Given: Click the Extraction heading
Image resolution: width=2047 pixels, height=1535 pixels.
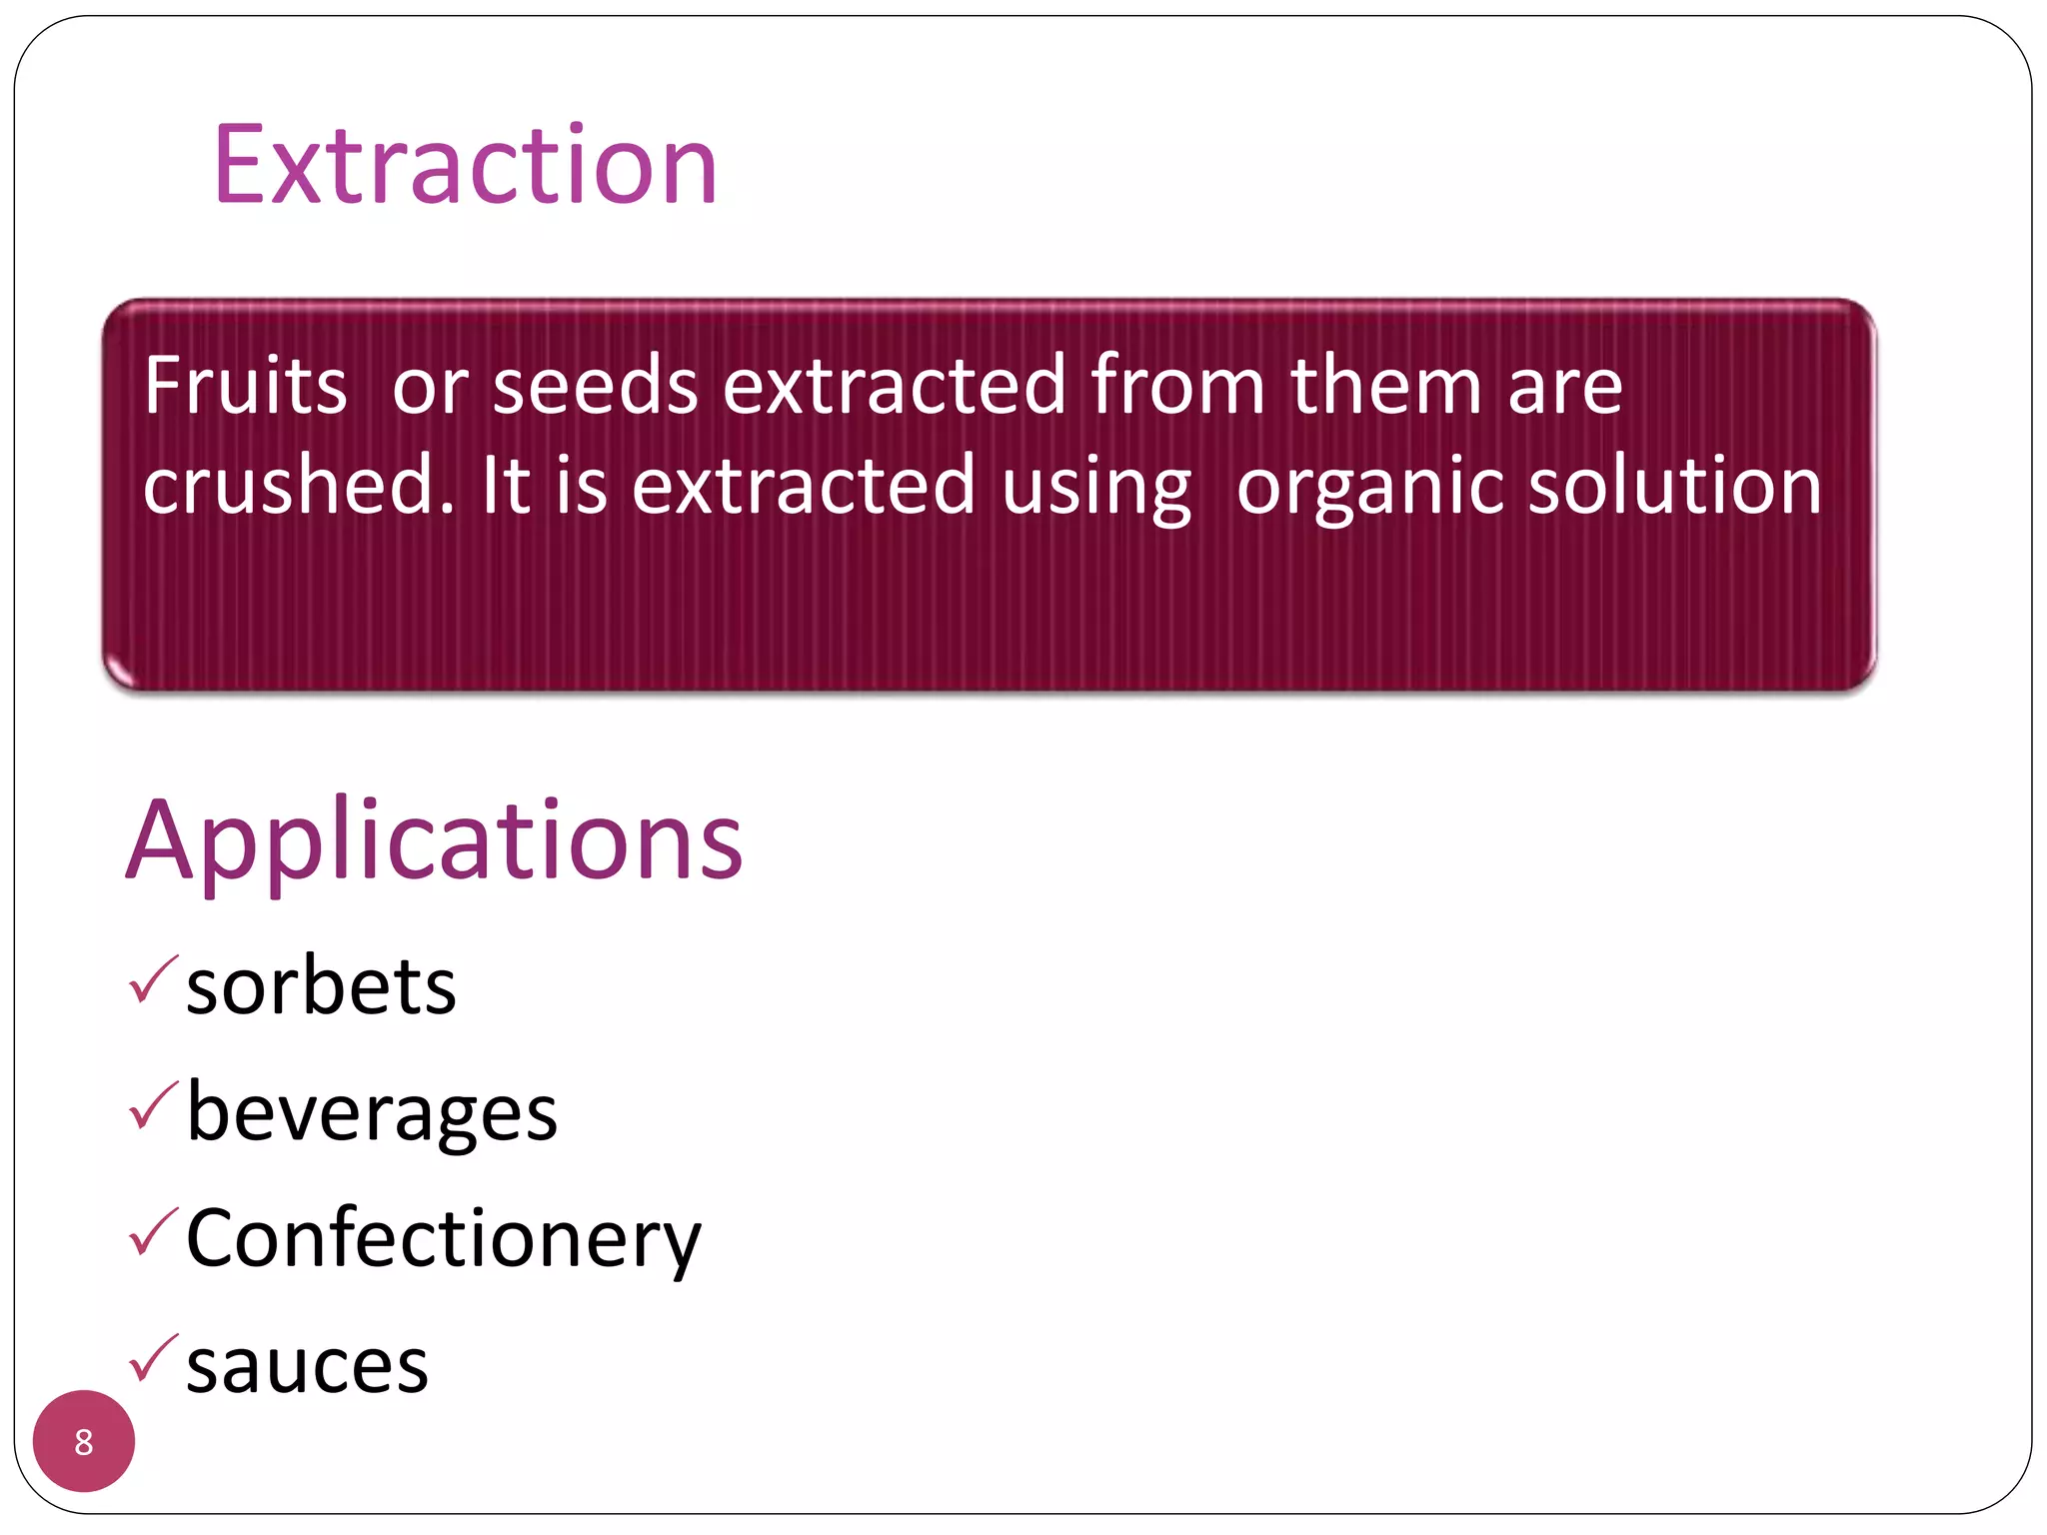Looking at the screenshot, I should [x=466, y=166].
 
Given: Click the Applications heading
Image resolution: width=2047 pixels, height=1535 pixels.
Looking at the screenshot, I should [x=434, y=841].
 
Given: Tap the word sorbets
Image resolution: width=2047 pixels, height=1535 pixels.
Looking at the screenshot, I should [x=321, y=987].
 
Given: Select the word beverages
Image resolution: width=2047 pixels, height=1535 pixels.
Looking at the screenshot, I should [x=372, y=1113].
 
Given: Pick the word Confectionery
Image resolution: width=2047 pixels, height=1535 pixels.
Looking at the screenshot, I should [x=444, y=1239].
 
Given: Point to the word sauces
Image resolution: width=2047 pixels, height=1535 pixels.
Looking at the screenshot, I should [x=307, y=1366].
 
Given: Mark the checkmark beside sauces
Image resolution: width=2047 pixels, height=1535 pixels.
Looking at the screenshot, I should [x=153, y=1358].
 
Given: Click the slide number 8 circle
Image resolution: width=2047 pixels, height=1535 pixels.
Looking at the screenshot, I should [x=84, y=1441].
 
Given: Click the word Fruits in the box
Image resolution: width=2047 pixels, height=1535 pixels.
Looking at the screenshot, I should [x=245, y=386].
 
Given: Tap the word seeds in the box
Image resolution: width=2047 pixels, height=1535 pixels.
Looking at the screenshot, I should [x=595, y=386].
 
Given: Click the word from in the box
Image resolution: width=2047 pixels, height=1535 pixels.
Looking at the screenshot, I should [x=1177, y=386].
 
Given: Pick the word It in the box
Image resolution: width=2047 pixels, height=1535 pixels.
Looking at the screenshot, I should [x=505, y=486].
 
